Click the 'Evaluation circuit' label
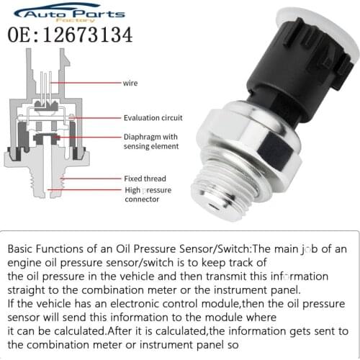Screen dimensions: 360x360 click(x=153, y=118)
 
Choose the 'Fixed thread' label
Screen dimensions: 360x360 click(x=144, y=179)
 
